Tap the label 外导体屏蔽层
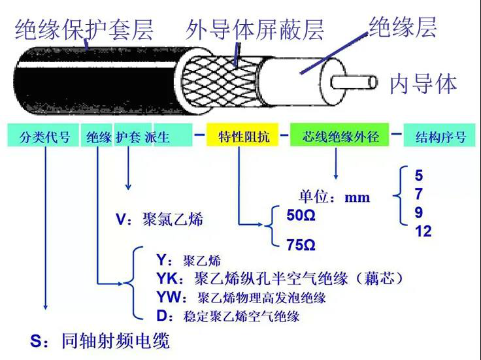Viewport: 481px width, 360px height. pos(255,29)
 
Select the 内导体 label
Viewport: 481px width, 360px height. pos(423,84)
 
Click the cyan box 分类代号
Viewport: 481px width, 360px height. pos(44,137)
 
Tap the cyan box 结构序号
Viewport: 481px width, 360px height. pos(440,137)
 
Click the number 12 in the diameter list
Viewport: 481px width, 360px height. pos(423,231)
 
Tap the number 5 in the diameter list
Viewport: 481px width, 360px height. pos(419,176)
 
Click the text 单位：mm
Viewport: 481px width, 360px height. pos(335,197)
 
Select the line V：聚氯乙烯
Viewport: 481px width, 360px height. pos(159,220)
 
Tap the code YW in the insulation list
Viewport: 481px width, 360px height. pos(169,298)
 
